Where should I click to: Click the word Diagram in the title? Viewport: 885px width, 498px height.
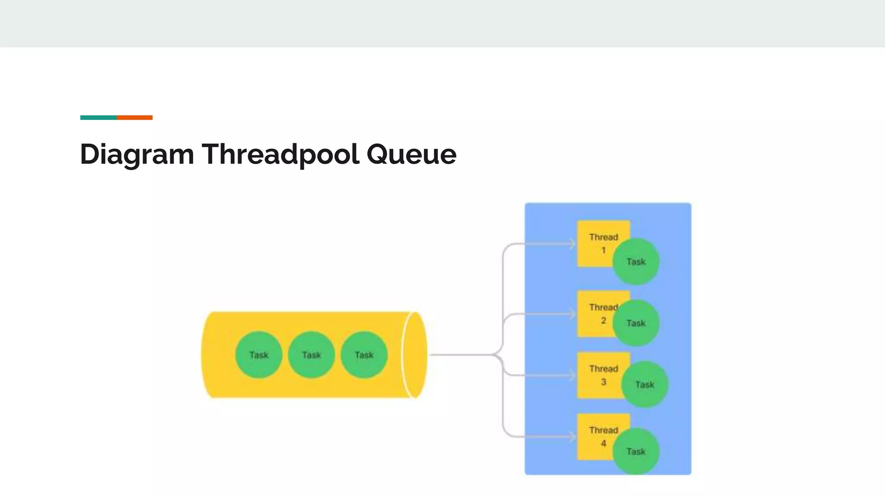[137, 154]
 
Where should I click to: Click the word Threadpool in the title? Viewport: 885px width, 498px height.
[280, 154]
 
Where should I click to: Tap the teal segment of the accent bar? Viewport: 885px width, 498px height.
[98, 118]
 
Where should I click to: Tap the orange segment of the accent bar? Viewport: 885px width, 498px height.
[134, 118]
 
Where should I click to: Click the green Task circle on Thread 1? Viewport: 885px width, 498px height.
[636, 262]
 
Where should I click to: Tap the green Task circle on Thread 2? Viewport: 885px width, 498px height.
[636, 323]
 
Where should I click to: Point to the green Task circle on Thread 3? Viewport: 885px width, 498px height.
[645, 384]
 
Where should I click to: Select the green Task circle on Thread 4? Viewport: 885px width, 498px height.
[636, 451]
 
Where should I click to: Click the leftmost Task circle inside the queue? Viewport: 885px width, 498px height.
[259, 355]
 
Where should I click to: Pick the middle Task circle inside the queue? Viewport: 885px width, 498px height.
[311, 355]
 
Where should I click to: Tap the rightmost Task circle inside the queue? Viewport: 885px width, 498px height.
[364, 355]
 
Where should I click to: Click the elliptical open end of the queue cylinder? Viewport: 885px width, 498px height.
[414, 355]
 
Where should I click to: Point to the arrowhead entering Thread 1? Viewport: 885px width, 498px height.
[573, 244]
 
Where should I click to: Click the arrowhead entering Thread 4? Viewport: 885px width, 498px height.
[573, 437]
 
